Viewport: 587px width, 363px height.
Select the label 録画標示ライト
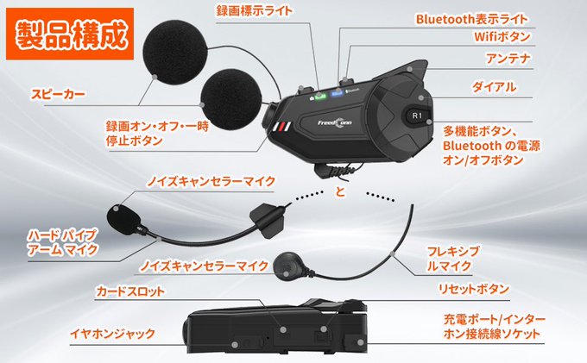coord(254,11)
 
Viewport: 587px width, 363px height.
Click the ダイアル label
coord(494,87)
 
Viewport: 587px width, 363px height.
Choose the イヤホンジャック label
coord(113,333)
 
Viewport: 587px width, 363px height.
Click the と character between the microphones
coord(340,190)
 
